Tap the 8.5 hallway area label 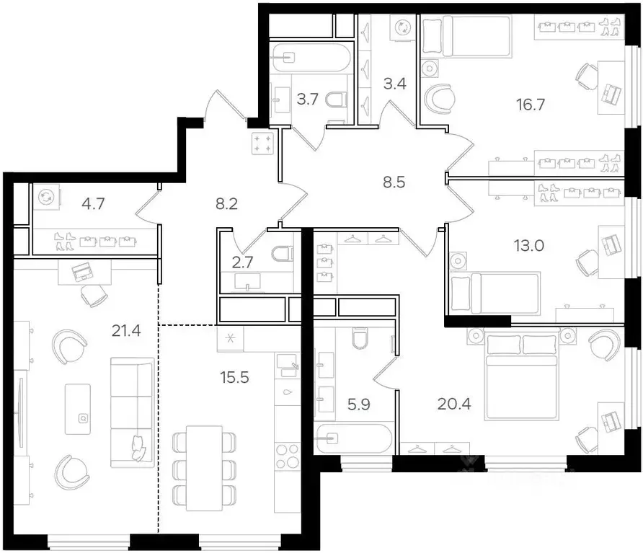point(394,182)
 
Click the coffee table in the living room point(78,408)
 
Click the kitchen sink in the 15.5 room point(288,364)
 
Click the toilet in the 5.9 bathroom point(358,338)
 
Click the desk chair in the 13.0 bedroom point(586,263)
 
